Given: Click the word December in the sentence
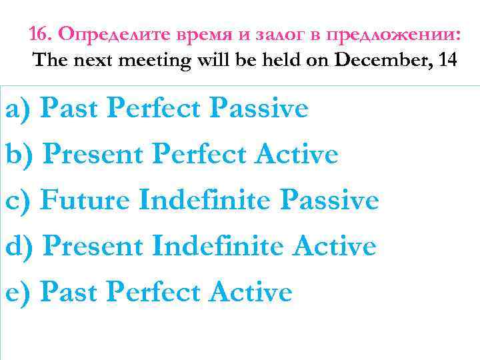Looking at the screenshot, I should (x=371, y=61).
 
